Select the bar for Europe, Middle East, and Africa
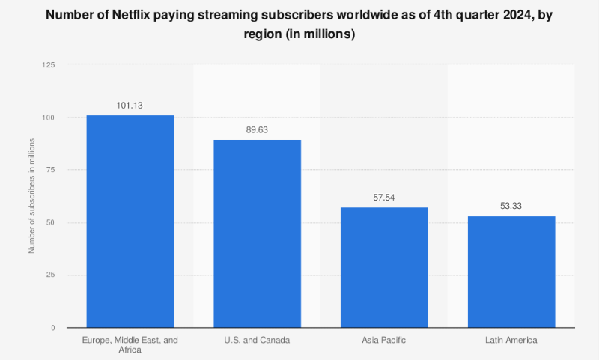[130, 221]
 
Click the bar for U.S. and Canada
[257, 234]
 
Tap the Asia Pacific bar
[384, 267]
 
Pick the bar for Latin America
[511, 271]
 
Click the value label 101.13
[130, 106]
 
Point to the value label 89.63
[257, 130]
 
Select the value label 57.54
[384, 198]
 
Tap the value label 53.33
[511, 207]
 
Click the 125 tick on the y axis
[49, 65]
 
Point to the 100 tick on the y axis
[49, 118]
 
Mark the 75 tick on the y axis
[51, 170]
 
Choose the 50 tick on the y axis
[51, 222]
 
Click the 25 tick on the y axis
[51, 275]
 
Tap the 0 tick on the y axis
[53, 328]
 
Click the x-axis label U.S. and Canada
[257, 340]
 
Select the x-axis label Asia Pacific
[384, 340]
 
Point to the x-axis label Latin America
[511, 340]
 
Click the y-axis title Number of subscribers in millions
[31, 196]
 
